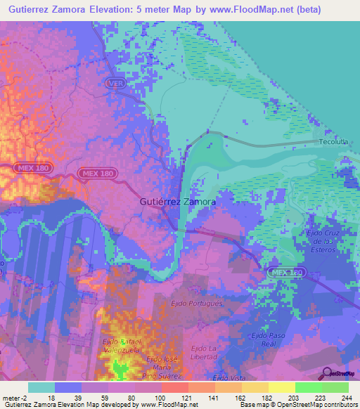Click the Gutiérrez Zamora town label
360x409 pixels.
pyautogui.click(x=175, y=201)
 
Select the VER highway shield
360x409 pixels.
pyautogui.click(x=116, y=83)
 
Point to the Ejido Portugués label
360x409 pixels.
pyautogui.click(x=197, y=303)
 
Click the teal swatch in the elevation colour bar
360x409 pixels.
pyautogui.click(x=41, y=387)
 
